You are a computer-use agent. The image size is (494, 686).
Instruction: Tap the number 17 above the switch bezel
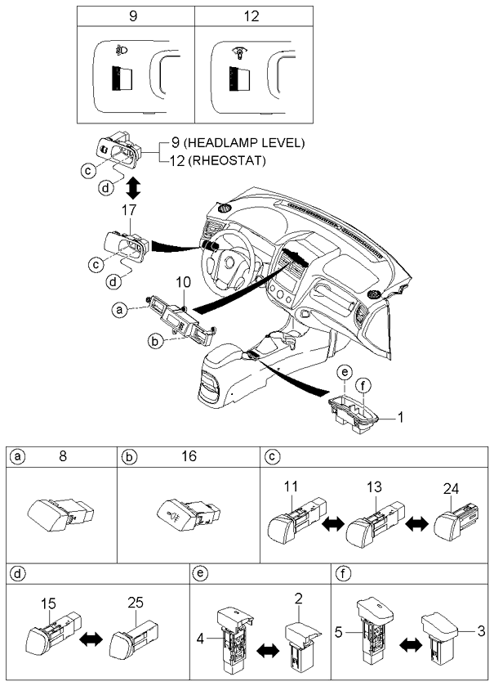coord(129,210)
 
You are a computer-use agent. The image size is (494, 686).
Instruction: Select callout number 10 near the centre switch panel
coord(184,282)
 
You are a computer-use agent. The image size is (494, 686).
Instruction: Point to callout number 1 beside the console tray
coord(400,418)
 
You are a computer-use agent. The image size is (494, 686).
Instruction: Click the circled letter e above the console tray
coord(345,372)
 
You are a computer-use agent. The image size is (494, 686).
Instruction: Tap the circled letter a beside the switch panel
coord(118,310)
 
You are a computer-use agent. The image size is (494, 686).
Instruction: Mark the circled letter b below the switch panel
coord(154,341)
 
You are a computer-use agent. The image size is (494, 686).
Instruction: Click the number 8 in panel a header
coord(63,456)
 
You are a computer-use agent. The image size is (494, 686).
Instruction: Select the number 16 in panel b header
coord(189,456)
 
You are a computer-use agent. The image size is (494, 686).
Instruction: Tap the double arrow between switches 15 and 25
coord(91,640)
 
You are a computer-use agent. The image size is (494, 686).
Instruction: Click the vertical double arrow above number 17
coord(133,188)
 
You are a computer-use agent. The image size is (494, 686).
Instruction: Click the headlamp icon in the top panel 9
coord(122,51)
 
